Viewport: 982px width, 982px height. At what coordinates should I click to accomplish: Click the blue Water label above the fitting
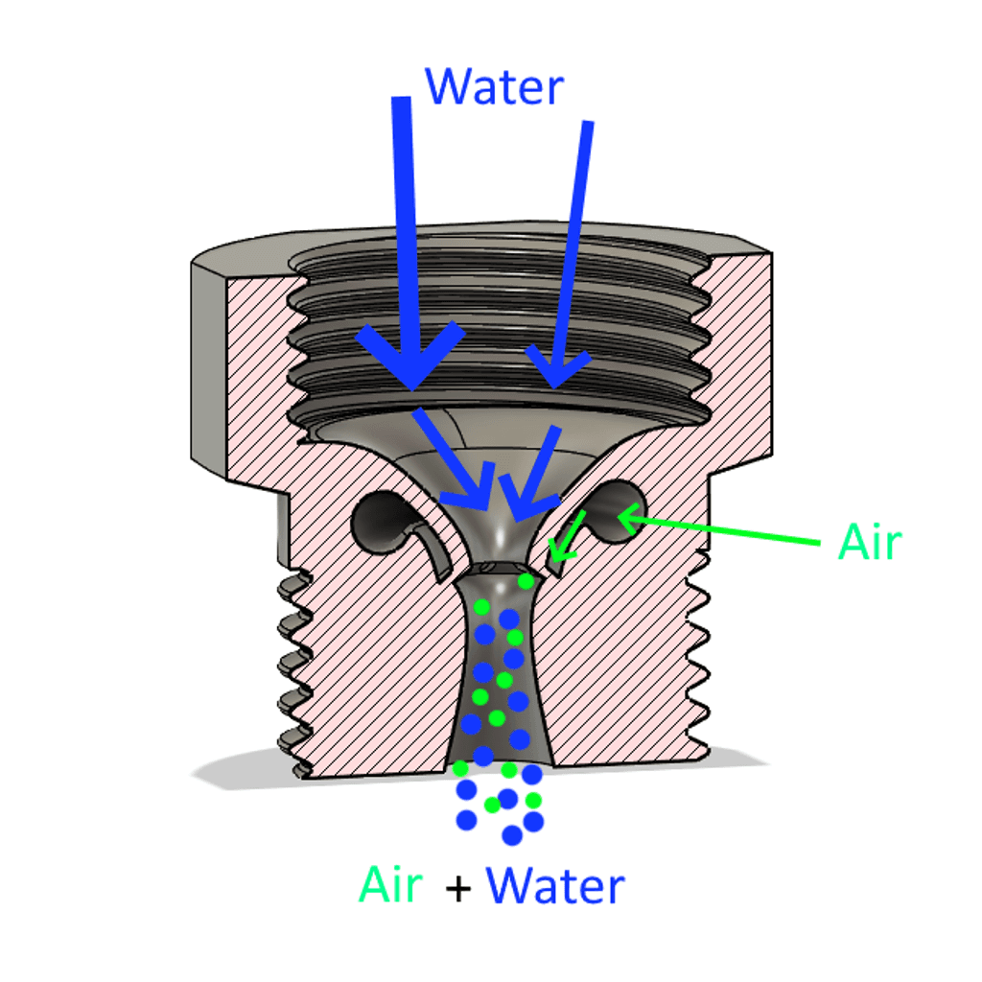(x=494, y=86)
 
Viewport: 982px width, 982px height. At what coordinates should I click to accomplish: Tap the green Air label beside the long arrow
(x=869, y=542)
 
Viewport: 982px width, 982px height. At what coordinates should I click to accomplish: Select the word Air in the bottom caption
(x=391, y=884)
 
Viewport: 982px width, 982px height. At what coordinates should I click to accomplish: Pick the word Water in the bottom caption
(x=555, y=885)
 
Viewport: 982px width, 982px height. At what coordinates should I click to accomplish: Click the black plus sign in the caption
(x=457, y=889)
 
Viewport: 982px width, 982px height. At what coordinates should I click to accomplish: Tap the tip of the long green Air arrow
(x=619, y=516)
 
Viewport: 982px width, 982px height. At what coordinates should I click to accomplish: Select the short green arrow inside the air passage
(x=568, y=536)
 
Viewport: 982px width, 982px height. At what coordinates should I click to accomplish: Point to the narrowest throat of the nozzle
(x=498, y=568)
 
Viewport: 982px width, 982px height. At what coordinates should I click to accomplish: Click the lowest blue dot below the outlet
(x=512, y=835)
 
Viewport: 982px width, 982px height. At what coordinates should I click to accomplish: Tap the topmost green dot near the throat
(x=526, y=582)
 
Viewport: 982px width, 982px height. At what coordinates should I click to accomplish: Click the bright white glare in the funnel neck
(x=501, y=533)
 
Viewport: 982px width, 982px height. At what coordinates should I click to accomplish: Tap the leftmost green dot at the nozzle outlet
(x=460, y=768)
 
